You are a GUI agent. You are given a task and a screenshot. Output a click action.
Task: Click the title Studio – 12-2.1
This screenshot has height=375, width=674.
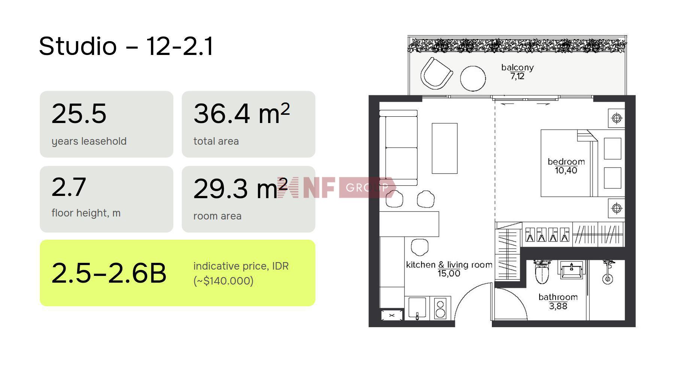point(126,46)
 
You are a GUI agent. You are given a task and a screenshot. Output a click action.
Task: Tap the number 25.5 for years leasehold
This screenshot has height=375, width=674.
point(79,113)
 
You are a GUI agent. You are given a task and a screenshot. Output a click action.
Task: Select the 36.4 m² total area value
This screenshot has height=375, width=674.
point(242,113)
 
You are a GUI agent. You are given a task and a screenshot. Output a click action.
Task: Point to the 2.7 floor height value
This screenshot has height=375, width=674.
point(69,187)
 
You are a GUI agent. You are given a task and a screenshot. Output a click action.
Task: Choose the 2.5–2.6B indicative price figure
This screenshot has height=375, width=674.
point(109,273)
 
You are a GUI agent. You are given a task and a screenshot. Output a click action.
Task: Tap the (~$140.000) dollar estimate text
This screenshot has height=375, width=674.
point(223,281)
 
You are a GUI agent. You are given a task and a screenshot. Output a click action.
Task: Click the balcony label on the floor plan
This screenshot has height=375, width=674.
point(517,68)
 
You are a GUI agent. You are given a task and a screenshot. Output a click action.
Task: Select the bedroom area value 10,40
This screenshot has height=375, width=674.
point(566,170)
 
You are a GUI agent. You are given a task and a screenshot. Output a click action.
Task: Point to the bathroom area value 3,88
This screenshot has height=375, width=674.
point(558,306)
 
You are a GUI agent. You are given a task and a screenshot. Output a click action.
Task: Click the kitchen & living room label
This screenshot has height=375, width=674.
point(449,265)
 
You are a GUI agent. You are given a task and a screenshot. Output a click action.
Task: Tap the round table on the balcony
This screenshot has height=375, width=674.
point(473,79)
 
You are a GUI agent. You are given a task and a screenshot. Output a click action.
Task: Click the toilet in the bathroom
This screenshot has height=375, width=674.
point(542,272)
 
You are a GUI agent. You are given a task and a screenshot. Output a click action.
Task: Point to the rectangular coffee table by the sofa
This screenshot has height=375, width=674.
point(444,148)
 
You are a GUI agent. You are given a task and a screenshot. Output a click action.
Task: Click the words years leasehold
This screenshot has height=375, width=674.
point(89,141)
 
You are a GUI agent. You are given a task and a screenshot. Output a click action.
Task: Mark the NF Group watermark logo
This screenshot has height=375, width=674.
point(336,187)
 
